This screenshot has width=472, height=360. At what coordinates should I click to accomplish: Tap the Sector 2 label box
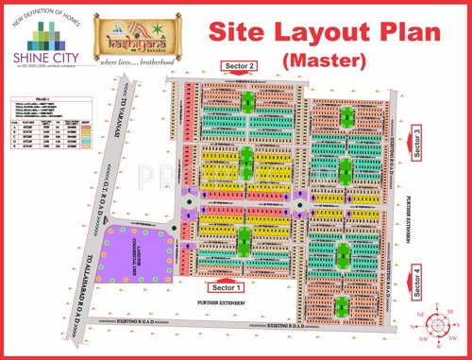238,65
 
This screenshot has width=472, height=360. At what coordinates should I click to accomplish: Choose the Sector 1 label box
228,285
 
